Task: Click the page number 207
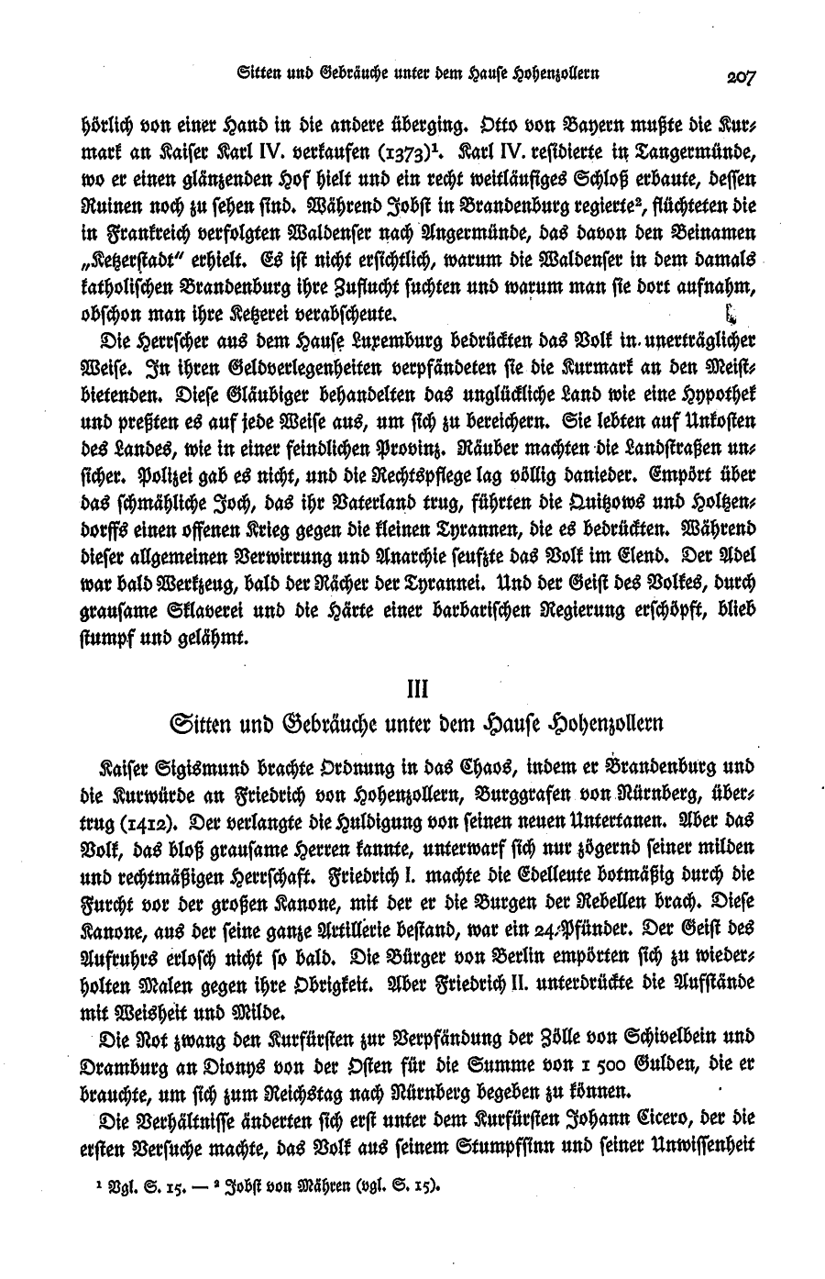736,77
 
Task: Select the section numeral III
412,685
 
